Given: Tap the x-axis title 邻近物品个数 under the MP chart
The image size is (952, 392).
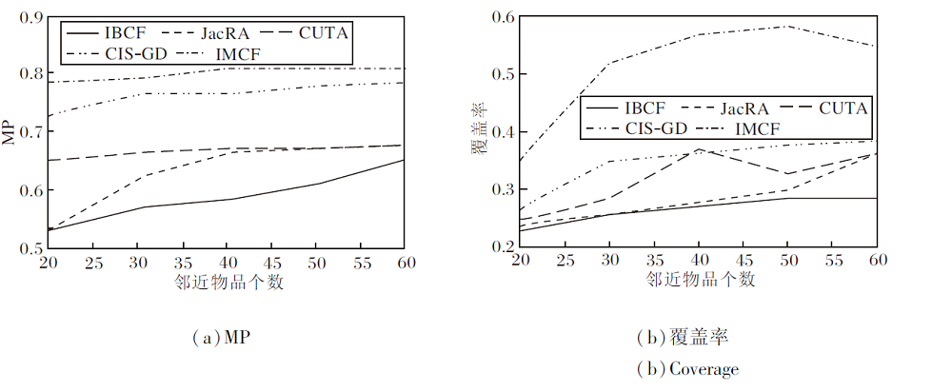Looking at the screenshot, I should tap(228, 282).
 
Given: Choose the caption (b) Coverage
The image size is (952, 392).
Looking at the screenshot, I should tap(686, 369).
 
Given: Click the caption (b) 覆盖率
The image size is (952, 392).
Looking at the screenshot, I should tap(686, 338).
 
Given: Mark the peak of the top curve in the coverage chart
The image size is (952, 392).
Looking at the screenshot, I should tap(786, 26).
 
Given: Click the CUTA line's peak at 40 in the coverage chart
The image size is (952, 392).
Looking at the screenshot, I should tap(698, 149).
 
